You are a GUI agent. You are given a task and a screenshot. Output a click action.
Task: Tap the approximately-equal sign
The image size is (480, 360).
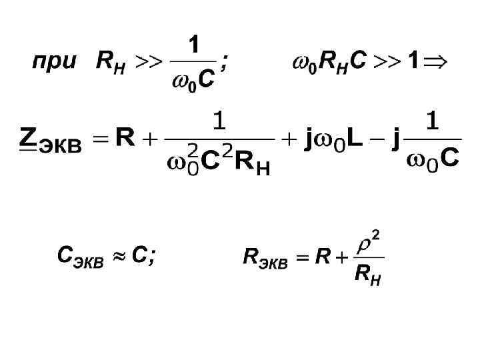118,256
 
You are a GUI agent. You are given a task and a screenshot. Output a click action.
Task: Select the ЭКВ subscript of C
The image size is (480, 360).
89,262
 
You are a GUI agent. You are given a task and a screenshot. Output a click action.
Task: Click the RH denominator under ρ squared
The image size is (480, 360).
367,273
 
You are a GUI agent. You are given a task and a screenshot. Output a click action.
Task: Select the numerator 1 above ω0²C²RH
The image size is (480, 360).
219,122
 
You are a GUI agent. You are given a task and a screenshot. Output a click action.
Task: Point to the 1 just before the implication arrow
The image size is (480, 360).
413,63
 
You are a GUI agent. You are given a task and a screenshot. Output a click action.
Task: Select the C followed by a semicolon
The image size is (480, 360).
140,255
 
